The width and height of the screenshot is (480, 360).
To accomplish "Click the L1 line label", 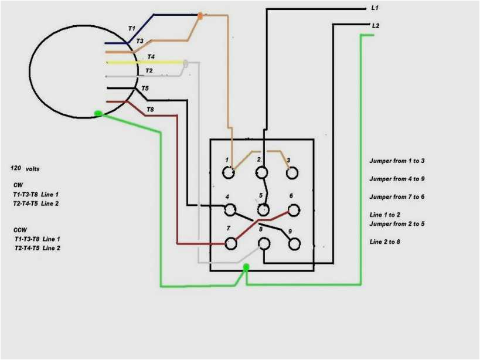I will click(375, 8).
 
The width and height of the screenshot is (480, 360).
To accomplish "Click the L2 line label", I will click(376, 26).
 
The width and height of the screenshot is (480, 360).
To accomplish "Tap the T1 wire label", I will click(132, 28).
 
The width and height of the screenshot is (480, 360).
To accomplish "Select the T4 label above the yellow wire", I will click(151, 57).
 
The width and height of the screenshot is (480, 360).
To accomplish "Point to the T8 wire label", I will click(150, 110).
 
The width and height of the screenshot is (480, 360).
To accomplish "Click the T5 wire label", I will click(145, 89).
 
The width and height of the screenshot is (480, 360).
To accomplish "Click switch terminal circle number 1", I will click(229, 172).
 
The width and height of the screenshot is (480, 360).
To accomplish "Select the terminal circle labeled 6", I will click(293, 209).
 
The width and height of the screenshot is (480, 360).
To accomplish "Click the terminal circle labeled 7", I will click(230, 242).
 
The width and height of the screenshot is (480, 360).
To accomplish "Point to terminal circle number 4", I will click(230, 209).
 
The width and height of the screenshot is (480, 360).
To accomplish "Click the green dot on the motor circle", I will click(98, 113).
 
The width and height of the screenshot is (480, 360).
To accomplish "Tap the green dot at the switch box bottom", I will click(246, 267).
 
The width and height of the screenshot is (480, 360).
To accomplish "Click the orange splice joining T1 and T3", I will click(200, 16).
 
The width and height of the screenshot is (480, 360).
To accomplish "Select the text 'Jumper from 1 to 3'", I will click(397, 161).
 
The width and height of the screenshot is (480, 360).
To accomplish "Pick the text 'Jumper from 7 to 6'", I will click(397, 197).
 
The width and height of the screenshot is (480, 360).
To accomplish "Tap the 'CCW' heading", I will click(21, 229).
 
